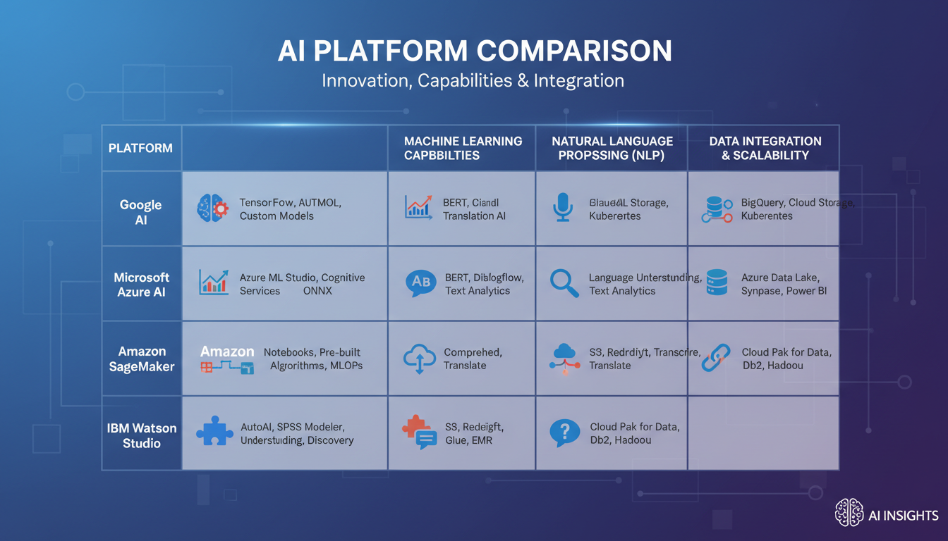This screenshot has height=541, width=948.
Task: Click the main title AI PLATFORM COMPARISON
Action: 473,51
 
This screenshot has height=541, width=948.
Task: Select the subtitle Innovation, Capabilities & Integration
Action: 473,80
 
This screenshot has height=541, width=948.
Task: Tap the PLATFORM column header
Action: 140,149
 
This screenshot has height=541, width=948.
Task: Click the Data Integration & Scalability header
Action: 765,149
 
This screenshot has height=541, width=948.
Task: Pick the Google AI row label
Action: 140,213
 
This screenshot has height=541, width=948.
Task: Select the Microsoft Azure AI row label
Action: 142,285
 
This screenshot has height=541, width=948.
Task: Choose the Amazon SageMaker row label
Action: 142,359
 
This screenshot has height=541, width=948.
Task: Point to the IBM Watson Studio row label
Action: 142,435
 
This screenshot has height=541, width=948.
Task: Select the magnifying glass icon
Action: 564,283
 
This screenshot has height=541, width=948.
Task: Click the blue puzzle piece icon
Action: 214,430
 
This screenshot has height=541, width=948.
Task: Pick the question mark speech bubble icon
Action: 564,432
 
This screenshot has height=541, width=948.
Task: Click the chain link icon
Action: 716,357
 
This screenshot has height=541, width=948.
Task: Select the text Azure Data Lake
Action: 780,278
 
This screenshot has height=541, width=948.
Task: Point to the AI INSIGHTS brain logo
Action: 849,513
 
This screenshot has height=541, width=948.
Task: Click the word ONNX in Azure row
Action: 317,291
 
